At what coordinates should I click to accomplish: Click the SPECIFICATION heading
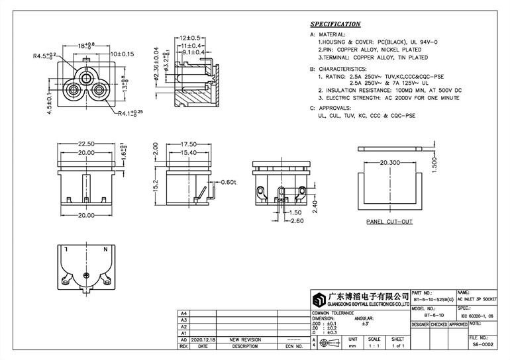pyautogui.click(x=335, y=24)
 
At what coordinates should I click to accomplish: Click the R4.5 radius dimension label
pyautogui.click(x=45, y=56)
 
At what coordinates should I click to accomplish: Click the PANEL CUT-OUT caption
pyautogui.click(x=389, y=222)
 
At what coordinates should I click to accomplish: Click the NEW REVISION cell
pyautogui.click(x=245, y=338)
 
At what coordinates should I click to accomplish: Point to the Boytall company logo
pyautogui.click(x=321, y=299)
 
